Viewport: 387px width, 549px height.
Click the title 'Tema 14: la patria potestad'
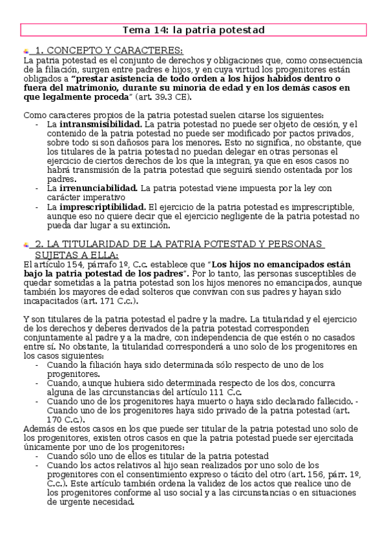click(x=193, y=30)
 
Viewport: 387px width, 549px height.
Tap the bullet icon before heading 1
click(x=26, y=51)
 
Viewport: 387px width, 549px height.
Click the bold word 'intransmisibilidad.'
click(x=101, y=123)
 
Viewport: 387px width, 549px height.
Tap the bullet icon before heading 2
click(x=26, y=245)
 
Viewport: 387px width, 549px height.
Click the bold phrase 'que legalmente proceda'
click(x=76, y=96)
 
